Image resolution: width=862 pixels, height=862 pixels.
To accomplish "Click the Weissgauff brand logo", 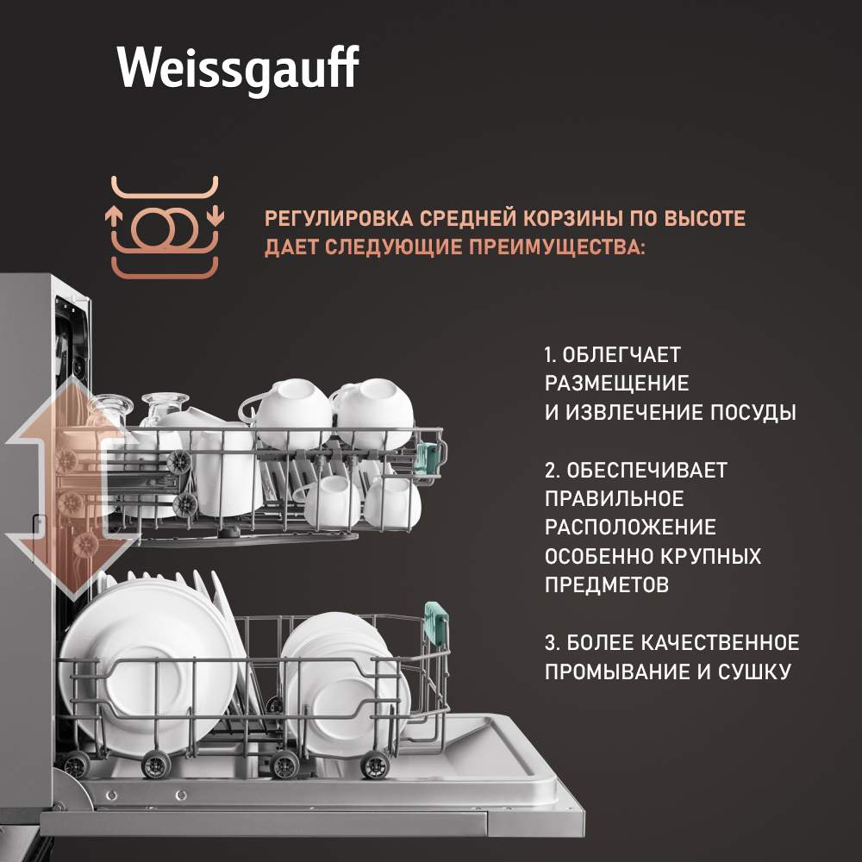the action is point(238,68).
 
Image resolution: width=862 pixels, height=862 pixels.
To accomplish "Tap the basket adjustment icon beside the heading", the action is point(165,227).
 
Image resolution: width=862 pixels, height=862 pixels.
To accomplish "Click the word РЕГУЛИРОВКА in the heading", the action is point(339,218).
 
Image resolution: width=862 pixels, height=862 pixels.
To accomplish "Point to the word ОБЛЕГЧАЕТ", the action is point(622,354).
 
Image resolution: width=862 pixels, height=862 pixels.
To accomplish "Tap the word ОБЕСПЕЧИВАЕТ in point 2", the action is point(646,470).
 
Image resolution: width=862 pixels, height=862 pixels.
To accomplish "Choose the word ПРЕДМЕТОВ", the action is point(607,584).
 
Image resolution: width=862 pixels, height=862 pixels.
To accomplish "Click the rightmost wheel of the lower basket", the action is point(375,765).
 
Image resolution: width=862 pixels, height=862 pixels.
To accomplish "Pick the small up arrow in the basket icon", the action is point(113,216).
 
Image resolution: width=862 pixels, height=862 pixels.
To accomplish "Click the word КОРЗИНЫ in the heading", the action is point(572,218).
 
